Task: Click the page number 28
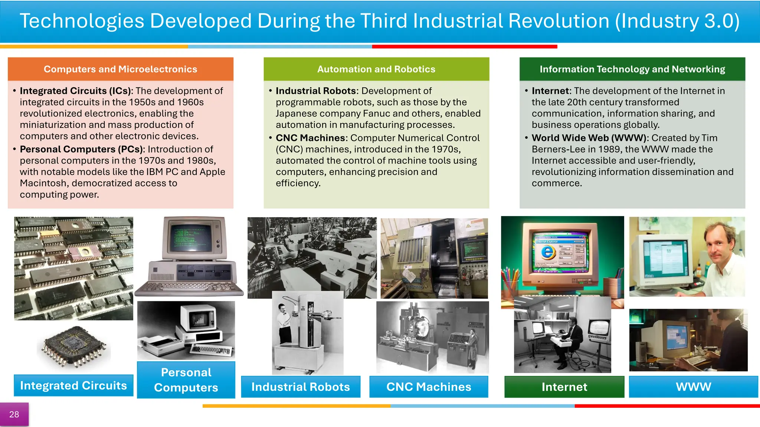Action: [14, 414]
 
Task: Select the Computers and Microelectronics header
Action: [120, 69]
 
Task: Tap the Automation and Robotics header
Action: [376, 69]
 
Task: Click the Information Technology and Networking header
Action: [632, 69]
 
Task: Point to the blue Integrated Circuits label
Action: [73, 385]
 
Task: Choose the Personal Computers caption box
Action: [186, 380]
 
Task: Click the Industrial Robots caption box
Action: [301, 387]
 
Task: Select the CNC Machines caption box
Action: [429, 387]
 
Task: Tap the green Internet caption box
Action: [564, 387]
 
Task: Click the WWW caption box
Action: [693, 387]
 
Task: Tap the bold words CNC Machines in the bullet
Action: [310, 138]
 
